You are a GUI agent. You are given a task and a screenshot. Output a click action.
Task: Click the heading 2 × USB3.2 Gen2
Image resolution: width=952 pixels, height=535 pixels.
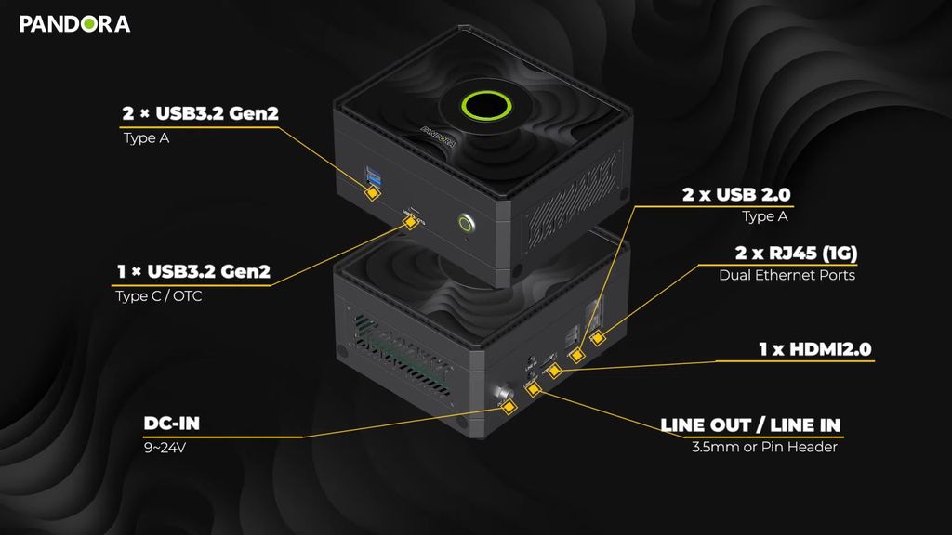(200, 114)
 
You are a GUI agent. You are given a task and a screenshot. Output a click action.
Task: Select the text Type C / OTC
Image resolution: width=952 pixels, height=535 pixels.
(158, 296)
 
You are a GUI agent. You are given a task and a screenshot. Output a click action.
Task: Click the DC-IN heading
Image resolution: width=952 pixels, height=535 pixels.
(172, 424)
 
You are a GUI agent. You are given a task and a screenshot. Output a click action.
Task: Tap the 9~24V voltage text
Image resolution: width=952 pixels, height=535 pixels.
(162, 449)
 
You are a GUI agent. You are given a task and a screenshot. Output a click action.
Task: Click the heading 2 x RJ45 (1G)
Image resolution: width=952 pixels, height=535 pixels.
(796, 253)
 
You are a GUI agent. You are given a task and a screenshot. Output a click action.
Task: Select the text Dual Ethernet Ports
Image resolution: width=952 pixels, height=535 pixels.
(787, 276)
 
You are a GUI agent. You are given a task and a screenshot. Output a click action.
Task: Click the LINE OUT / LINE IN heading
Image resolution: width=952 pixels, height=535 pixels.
(750, 425)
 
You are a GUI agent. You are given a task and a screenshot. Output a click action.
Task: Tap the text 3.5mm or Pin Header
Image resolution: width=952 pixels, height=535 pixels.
(764, 448)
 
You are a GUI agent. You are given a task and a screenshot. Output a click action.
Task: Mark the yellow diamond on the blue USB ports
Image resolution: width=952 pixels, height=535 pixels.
(372, 193)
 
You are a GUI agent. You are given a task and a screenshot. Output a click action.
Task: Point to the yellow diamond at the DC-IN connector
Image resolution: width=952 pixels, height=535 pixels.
(509, 407)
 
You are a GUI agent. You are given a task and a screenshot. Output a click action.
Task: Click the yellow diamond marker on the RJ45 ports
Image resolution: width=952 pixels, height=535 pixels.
(599, 338)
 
